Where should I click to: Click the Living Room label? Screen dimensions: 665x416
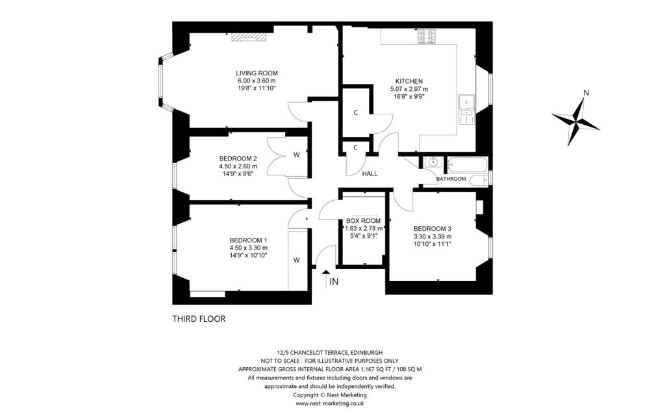257,73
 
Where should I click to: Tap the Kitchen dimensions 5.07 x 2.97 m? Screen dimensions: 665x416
409,89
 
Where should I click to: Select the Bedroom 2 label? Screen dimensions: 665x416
238,159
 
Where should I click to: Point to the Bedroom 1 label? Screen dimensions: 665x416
248,240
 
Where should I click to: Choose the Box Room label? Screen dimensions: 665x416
363,221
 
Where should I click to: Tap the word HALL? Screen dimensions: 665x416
370,174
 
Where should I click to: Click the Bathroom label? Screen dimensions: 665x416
451,179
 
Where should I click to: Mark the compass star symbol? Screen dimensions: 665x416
576,120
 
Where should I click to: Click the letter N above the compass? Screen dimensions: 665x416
586,93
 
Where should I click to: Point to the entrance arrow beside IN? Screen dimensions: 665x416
325,278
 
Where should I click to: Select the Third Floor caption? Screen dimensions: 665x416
199,318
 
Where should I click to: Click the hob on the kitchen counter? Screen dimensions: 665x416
427,36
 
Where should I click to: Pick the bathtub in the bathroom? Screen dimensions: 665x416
467,162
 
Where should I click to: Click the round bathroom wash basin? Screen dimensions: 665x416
433,162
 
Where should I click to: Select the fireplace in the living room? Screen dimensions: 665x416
249,37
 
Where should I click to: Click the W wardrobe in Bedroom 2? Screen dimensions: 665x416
296,155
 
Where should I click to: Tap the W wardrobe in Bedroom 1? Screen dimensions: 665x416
296,260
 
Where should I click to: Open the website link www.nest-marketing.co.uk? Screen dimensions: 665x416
329,404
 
